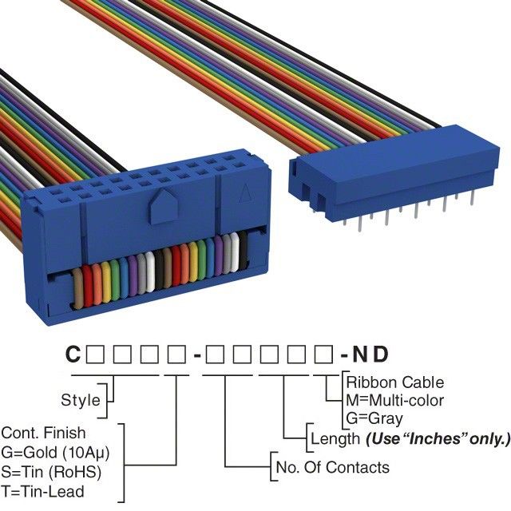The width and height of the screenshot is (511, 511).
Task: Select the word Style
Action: pos(81,399)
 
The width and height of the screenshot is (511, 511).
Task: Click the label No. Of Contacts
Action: pos(331,467)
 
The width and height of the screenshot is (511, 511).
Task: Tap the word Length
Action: pos(335,438)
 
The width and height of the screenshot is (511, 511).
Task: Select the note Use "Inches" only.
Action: pos(438,438)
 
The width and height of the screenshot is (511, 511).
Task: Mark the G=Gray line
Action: pos(374,418)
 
